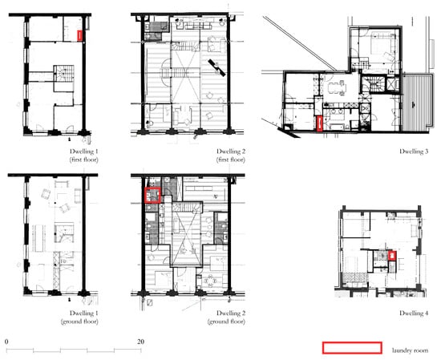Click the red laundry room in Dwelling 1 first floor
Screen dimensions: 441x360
point(80,36)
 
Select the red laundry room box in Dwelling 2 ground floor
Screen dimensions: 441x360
point(152,195)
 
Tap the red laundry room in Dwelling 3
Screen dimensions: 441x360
point(319,123)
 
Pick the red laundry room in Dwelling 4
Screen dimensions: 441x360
point(392,256)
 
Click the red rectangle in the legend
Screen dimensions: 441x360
point(352,348)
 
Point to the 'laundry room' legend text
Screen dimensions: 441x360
point(410,350)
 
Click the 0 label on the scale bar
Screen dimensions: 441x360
point(6,342)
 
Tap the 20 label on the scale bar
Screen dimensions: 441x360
point(141,342)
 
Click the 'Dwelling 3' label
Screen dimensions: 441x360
point(414,152)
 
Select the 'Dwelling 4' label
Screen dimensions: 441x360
point(414,313)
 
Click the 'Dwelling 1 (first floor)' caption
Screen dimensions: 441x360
point(84,156)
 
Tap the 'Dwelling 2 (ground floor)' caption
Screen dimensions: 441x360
point(226,318)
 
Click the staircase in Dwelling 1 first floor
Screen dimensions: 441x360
point(64,74)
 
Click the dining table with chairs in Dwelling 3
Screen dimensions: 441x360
point(337,88)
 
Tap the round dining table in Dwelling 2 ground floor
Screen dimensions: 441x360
point(210,281)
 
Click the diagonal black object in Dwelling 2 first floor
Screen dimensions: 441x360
point(216,68)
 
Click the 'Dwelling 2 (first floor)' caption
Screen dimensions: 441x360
point(231,156)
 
